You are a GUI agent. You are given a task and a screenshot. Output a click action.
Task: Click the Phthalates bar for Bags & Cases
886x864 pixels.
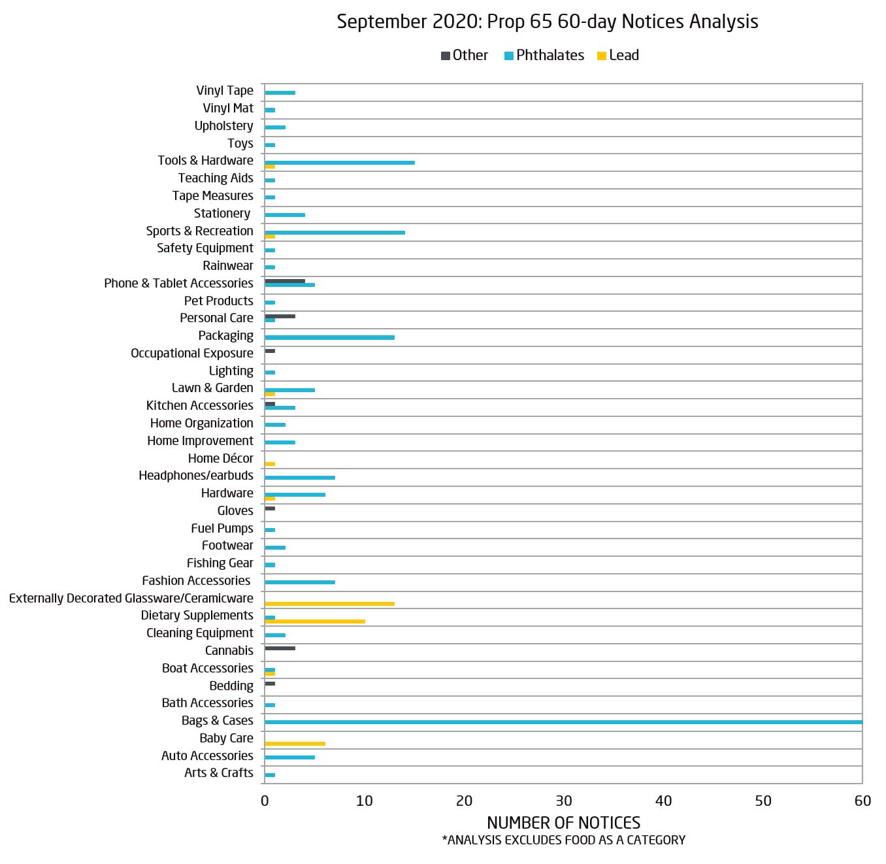pyautogui.click(x=563, y=722)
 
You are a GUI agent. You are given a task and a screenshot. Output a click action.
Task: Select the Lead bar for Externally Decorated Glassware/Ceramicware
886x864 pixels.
pyautogui.click(x=329, y=604)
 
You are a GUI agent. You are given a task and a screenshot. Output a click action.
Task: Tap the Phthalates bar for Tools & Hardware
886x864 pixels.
pyautogui.click(x=340, y=163)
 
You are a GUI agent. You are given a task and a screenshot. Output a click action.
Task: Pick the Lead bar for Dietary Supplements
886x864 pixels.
pyautogui.click(x=315, y=622)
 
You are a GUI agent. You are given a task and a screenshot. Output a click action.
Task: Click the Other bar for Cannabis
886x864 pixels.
pyautogui.click(x=280, y=648)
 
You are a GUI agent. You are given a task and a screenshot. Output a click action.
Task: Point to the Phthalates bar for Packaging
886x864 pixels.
pyautogui.click(x=329, y=337)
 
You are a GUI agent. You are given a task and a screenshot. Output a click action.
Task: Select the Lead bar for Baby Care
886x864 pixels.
pyautogui.click(x=295, y=744)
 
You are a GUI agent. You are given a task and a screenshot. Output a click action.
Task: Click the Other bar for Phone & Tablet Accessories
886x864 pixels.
pyautogui.click(x=285, y=281)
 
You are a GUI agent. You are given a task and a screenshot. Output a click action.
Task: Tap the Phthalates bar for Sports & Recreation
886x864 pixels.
pyautogui.click(x=335, y=233)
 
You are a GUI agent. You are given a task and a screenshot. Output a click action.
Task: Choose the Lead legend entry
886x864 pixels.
pyautogui.click(x=618, y=56)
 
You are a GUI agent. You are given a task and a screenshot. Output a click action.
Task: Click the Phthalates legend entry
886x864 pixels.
pyautogui.click(x=544, y=56)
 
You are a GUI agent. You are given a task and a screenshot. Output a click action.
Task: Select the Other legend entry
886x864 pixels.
pyautogui.click(x=465, y=56)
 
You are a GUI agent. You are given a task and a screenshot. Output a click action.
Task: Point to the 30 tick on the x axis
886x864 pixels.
pyautogui.click(x=564, y=801)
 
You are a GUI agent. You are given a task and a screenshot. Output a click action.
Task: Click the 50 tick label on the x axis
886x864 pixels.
pyautogui.click(x=763, y=801)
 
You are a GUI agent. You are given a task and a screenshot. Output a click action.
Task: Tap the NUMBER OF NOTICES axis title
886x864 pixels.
pyautogui.click(x=563, y=823)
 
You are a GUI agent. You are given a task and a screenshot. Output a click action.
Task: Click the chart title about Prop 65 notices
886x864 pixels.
pyautogui.click(x=547, y=22)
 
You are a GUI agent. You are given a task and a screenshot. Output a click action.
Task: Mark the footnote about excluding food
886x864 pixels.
pyautogui.click(x=563, y=840)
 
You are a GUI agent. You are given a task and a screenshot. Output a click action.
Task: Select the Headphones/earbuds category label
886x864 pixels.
pyautogui.click(x=195, y=476)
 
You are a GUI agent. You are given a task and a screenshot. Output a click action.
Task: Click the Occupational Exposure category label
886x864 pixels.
pyautogui.click(x=191, y=354)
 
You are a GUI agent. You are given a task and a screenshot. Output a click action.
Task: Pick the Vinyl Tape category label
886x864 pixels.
pyautogui.click(x=225, y=91)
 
